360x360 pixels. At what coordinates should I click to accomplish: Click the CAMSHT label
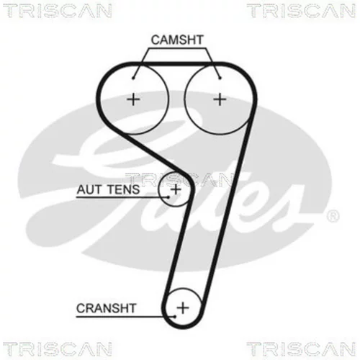(177, 40)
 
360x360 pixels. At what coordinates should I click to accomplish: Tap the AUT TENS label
(108, 189)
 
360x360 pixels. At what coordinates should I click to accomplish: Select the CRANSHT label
(107, 308)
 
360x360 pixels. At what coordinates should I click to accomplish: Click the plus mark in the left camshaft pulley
(133, 99)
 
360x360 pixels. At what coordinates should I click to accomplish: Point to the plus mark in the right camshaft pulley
(220, 99)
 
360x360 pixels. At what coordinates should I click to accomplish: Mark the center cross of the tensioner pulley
(176, 189)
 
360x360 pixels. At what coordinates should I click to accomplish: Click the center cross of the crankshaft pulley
(183, 307)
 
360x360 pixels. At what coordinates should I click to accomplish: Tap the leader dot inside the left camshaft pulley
(133, 78)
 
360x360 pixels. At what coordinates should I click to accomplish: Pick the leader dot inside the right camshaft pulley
(220, 78)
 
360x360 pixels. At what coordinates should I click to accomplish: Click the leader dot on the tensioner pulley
(168, 197)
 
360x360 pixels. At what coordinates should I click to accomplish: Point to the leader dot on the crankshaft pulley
(175, 317)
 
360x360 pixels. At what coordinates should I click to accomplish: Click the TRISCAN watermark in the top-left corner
(58, 11)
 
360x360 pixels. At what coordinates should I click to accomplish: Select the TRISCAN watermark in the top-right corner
(302, 11)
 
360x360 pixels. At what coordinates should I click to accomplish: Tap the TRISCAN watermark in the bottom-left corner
(58, 349)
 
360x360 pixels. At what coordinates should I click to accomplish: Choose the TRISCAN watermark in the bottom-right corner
(302, 349)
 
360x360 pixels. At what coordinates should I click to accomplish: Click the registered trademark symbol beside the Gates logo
(333, 216)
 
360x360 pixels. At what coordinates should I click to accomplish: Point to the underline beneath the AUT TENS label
(122, 197)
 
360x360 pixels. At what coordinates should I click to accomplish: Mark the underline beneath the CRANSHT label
(125, 317)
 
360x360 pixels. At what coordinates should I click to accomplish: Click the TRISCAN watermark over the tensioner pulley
(179, 179)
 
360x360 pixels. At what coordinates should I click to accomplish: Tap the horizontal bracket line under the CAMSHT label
(177, 48)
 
